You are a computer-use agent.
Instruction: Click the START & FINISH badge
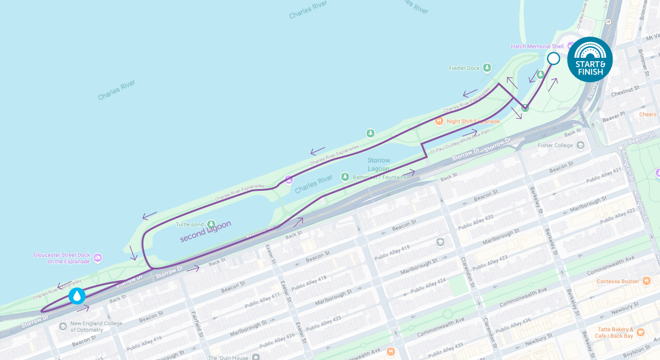pos(590,59)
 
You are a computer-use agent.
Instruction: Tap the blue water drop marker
pos(77,296)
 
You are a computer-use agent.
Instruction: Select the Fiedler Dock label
pos(464,68)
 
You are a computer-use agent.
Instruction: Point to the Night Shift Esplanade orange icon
pos(439,121)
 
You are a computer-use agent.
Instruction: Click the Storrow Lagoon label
pos(379,164)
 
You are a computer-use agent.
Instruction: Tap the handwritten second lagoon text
pos(205,231)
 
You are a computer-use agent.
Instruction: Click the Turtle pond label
pos(190,224)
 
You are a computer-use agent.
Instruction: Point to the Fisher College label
pos(553,145)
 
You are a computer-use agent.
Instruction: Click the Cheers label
pos(647,114)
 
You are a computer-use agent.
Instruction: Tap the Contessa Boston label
pos(616,281)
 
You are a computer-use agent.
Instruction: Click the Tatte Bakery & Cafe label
pos(613,332)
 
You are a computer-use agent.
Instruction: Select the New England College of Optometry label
pos(96,326)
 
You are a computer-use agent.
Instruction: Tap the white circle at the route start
pos(553,59)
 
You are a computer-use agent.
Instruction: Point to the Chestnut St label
pos(622,91)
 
